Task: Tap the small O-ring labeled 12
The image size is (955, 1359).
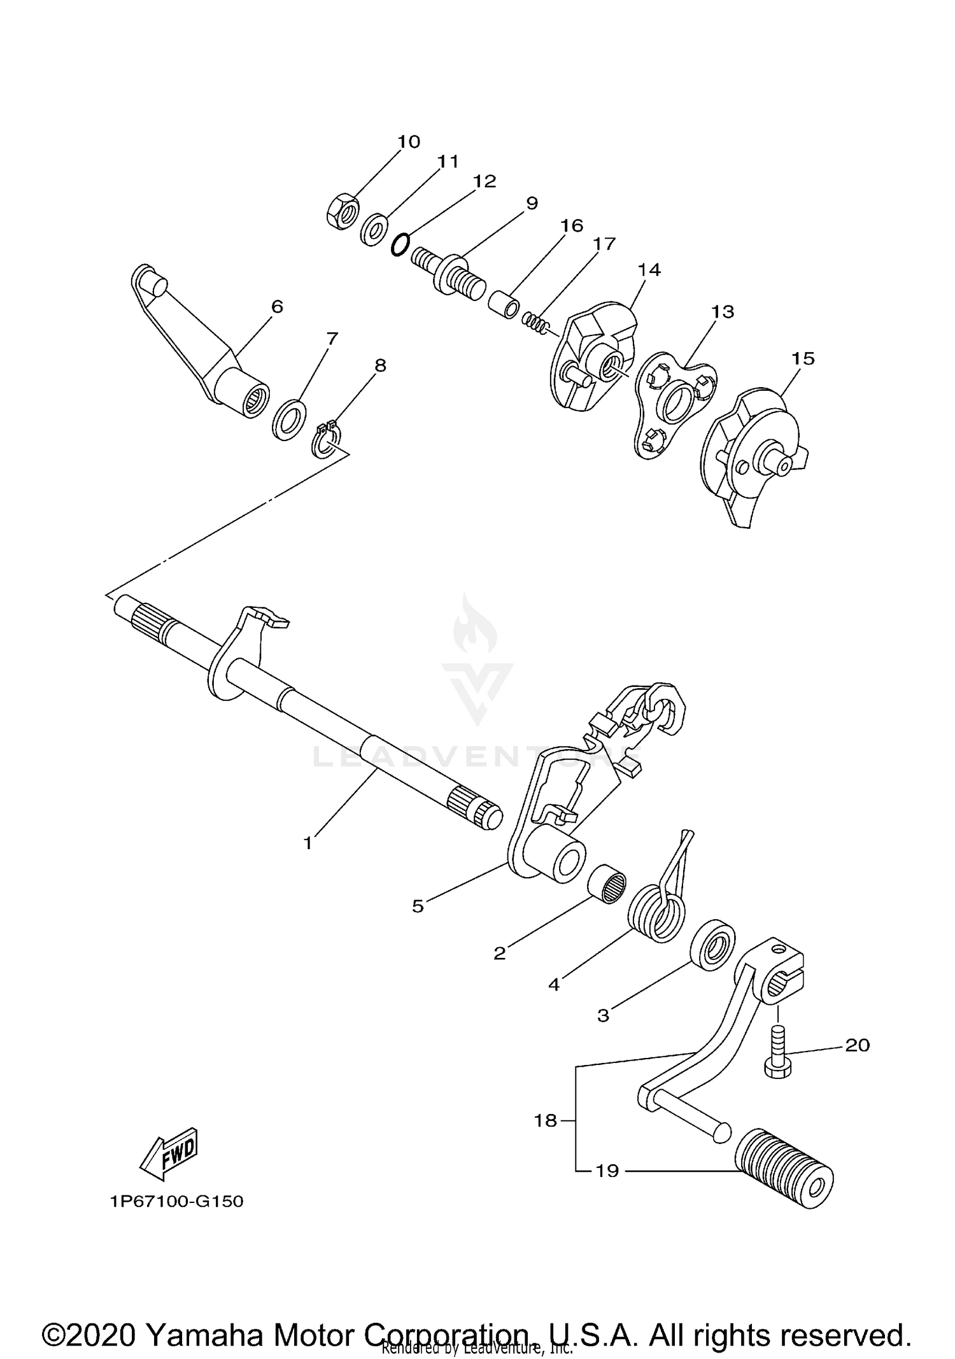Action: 399,244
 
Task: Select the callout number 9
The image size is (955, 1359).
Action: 532,203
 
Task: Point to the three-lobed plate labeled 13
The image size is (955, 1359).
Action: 676,401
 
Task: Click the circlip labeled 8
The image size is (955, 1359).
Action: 327,439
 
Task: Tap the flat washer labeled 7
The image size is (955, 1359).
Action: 288,419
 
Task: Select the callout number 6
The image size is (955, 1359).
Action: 277,307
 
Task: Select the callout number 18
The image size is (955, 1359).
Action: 546,1120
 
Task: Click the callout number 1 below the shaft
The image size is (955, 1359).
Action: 308,843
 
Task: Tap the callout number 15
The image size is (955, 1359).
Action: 803,358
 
